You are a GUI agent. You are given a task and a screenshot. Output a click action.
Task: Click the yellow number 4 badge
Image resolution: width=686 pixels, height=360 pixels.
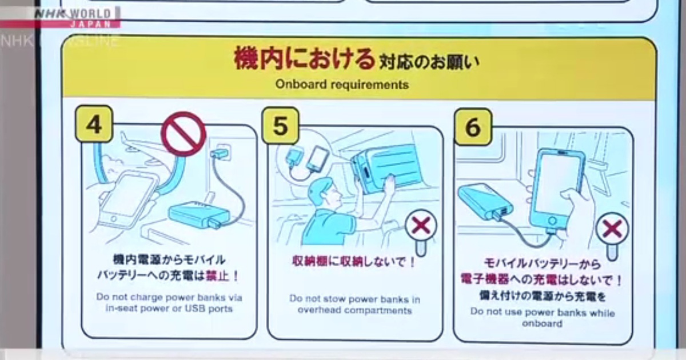coord(94,123)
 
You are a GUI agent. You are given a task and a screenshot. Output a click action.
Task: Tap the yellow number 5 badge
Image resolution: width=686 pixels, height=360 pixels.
coord(281,126)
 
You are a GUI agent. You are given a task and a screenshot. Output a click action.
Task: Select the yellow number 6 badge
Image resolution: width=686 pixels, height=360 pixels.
coord(473,127)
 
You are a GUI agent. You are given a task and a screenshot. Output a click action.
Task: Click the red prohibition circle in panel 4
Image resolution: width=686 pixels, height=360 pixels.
coord(184,134)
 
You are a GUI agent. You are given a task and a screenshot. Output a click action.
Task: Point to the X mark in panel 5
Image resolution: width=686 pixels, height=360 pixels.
coord(421,226)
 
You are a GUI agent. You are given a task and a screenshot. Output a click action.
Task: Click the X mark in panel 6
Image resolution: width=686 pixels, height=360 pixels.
coord(612,229)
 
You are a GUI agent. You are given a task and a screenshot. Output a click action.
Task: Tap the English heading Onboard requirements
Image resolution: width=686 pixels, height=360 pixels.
coord(342,84)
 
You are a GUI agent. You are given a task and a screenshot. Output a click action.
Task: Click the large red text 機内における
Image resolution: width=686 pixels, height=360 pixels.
coord(304,59)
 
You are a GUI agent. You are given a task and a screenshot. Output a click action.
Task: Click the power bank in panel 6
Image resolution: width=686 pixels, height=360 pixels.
coord(485,201)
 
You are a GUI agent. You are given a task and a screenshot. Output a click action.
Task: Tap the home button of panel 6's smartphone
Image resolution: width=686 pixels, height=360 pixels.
coord(552,221)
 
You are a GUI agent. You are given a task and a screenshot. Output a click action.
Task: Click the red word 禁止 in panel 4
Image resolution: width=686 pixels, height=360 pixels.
coord(218,276)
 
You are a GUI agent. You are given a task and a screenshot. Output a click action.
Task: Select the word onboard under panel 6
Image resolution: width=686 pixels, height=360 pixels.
coord(542,323)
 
